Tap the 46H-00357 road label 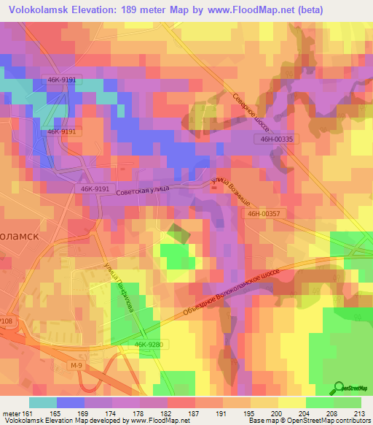[264, 213]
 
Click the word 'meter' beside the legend [10, 413]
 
